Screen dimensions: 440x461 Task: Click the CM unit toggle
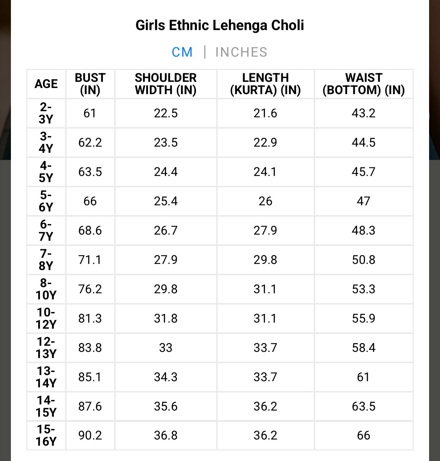(x=182, y=52)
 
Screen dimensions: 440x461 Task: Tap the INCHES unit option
(x=241, y=52)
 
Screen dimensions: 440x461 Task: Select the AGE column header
(x=46, y=84)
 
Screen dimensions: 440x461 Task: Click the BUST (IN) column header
(x=90, y=84)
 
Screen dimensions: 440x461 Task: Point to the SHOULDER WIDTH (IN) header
(x=165, y=84)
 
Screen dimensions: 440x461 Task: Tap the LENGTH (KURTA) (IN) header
(x=265, y=84)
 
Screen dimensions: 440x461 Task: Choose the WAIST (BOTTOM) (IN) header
(x=364, y=84)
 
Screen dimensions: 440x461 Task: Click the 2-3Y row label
(x=46, y=113)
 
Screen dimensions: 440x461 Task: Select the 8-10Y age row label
(x=46, y=289)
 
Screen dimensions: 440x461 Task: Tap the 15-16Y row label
(x=46, y=435)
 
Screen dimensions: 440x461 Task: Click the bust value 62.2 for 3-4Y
(x=90, y=143)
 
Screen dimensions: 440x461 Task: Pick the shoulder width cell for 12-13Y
(x=165, y=348)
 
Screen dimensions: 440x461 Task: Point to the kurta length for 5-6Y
(x=265, y=201)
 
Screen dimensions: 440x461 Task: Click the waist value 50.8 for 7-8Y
(x=364, y=260)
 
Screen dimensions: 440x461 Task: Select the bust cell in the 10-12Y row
(x=90, y=318)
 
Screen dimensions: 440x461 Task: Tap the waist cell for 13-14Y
(x=364, y=377)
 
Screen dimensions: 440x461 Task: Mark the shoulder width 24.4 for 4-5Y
(x=165, y=172)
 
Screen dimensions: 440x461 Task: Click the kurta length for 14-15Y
(x=265, y=406)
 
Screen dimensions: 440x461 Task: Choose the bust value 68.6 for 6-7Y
(x=90, y=230)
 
